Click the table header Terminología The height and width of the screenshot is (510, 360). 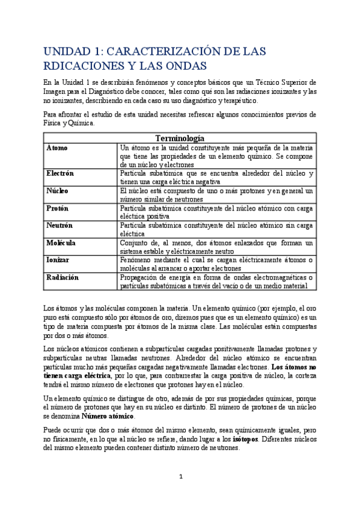[x=180, y=138]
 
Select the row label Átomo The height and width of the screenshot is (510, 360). [x=57, y=147]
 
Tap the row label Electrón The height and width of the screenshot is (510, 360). [x=60, y=173]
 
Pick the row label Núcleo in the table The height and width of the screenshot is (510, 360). [x=58, y=191]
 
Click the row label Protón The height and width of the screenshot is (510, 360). [x=58, y=208]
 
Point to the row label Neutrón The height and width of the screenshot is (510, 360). [x=59, y=226]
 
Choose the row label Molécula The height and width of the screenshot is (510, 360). [x=61, y=243]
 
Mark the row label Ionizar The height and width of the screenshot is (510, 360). [x=58, y=260]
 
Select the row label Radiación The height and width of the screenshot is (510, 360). [x=63, y=278]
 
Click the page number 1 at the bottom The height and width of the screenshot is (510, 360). [x=180, y=477]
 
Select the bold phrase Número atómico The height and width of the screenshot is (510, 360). [x=108, y=416]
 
